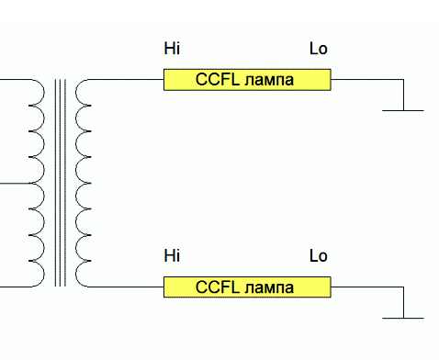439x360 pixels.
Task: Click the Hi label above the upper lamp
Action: click(172, 49)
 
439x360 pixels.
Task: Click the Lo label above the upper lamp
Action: click(319, 49)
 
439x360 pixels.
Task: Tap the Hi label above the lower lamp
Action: click(172, 256)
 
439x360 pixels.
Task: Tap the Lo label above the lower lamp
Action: click(319, 256)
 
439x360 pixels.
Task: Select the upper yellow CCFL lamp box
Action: click(247, 80)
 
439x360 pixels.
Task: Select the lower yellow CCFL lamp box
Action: click(247, 287)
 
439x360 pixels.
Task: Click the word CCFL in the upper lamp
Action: click(218, 79)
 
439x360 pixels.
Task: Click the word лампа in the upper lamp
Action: click(269, 81)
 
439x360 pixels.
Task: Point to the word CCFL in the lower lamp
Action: click(218, 287)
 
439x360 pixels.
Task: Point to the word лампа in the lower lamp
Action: click(269, 288)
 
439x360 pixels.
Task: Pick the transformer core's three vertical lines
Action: click(61, 183)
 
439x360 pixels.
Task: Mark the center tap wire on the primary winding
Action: click(16, 184)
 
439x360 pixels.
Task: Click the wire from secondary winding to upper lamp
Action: click(126, 79)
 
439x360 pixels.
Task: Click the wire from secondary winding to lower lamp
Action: click(126, 287)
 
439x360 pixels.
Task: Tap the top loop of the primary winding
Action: click(44, 92)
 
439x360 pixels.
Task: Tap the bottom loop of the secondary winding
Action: click(76, 274)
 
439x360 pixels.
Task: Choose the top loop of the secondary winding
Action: click(76, 92)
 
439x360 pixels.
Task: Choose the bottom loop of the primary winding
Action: click(44, 274)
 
